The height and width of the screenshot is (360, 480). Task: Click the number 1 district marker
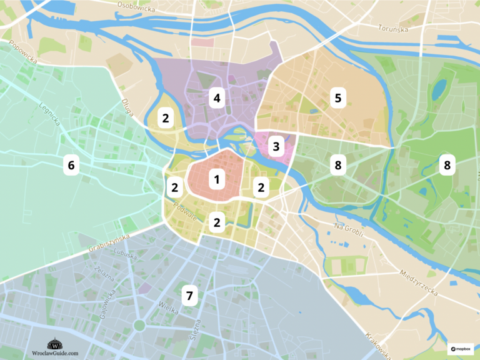coord(217,181)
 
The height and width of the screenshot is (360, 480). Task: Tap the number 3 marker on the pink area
coord(275,147)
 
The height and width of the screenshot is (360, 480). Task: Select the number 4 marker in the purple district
coord(217,98)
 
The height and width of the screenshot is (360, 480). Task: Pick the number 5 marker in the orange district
coord(338,98)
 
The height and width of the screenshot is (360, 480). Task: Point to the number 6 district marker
coord(71,165)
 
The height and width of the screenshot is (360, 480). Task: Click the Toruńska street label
coord(394,28)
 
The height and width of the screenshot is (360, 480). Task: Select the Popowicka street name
coord(22,50)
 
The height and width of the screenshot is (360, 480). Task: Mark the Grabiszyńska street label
coord(107,244)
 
